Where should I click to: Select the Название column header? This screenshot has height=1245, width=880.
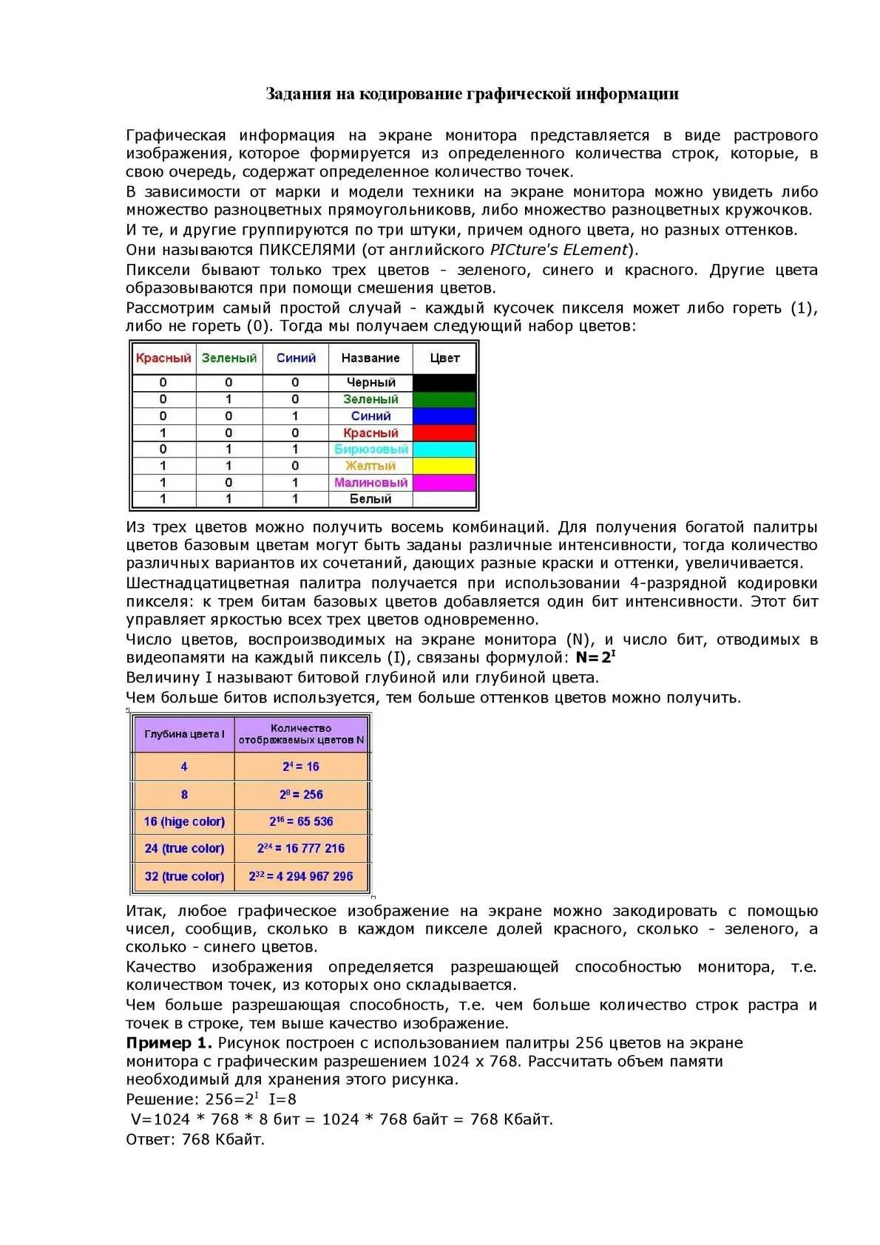point(370,358)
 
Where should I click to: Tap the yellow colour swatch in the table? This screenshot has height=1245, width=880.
point(444,466)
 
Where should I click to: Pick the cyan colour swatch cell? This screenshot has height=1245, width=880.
point(444,449)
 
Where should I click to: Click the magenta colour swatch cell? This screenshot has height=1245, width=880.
point(444,483)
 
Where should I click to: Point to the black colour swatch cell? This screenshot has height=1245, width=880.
point(444,382)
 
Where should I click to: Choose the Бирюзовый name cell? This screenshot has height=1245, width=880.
point(370,449)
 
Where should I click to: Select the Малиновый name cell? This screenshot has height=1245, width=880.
point(370,483)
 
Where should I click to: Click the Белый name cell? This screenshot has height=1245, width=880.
point(370,499)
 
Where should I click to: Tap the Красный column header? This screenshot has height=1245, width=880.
point(163,358)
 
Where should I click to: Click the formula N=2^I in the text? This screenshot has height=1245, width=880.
point(595,657)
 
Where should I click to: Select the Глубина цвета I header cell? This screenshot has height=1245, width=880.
point(184,734)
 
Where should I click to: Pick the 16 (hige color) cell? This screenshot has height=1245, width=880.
point(184,821)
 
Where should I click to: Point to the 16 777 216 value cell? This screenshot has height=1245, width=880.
point(301,849)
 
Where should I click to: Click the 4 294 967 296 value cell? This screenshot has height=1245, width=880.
point(301,876)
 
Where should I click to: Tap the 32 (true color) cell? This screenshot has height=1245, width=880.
point(184,876)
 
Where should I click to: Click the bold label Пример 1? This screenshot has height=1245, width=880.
point(169,1043)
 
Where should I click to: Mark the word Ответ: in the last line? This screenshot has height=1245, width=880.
point(150,1139)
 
